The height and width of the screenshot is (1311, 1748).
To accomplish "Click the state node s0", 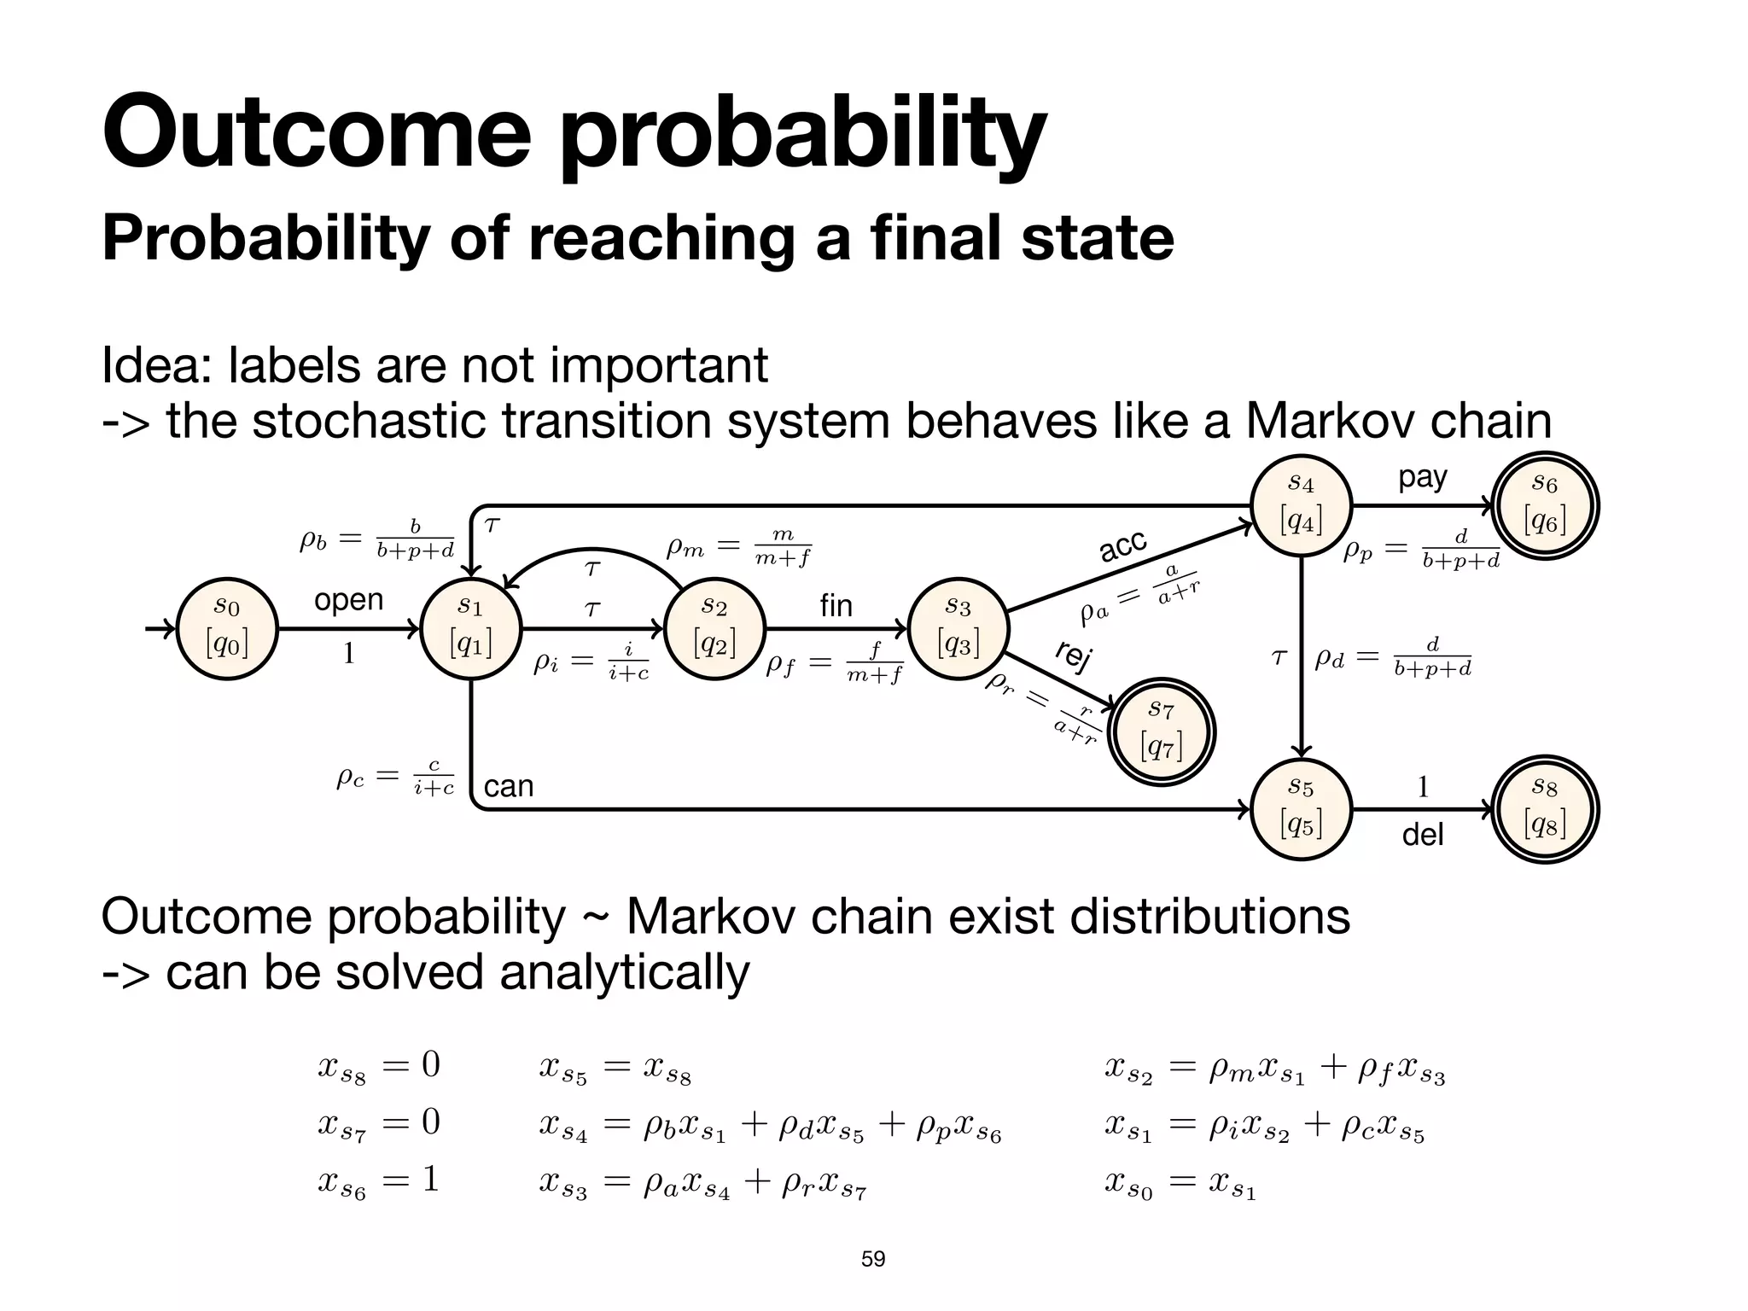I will click(226, 629).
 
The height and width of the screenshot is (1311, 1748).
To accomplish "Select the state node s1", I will click(470, 629).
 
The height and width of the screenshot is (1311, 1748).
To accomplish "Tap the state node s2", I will click(714, 629).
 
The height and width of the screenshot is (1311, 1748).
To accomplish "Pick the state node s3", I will click(958, 629).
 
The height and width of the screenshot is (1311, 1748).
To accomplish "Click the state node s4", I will click(1301, 505).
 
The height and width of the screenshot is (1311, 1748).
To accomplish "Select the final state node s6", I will click(1545, 506).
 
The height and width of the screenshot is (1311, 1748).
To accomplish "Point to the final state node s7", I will click(1161, 733).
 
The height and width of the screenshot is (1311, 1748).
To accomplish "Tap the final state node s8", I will click(1545, 808).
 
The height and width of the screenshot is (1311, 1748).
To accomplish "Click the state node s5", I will click(1301, 808).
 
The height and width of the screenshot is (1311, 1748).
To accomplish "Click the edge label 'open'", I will click(348, 600).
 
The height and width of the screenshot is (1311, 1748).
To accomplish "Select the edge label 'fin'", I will click(836, 605).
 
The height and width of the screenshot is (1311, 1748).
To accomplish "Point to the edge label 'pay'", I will click(1422, 477).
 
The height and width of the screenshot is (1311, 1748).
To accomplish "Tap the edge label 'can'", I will click(509, 785).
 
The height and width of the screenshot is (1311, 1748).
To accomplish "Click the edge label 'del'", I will click(1422, 834).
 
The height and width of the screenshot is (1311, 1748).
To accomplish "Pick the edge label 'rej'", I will click(1074, 655).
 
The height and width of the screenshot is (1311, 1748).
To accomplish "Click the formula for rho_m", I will click(738, 547).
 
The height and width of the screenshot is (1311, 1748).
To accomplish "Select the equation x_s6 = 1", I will click(378, 1181).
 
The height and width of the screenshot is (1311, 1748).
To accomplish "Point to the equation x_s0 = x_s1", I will click(1180, 1185).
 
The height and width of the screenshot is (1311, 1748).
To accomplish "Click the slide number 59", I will click(873, 1259).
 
